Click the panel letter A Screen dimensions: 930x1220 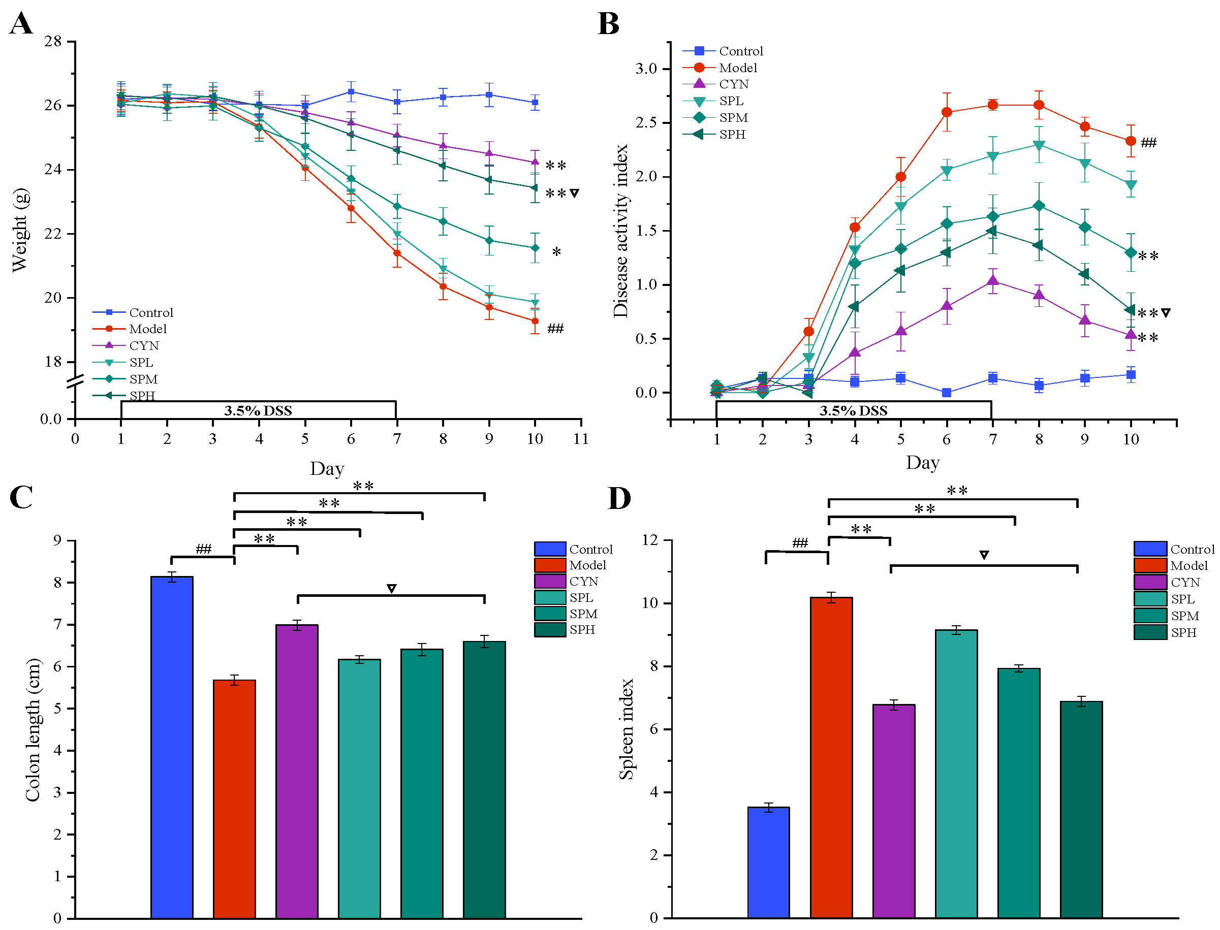(21, 24)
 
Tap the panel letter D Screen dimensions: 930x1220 (618, 498)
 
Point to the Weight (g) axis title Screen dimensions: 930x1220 (20, 230)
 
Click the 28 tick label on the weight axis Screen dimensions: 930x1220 (53, 42)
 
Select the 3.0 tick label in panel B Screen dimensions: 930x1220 (646, 69)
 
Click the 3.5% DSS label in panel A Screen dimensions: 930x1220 (258, 411)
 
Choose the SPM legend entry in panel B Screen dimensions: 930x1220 (733, 118)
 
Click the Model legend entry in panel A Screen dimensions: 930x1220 (147, 329)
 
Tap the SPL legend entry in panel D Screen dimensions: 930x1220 (1182, 599)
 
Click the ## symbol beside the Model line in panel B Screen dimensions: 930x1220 (1148, 143)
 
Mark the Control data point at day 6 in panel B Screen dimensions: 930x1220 (947, 393)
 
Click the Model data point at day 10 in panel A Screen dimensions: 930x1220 (535, 321)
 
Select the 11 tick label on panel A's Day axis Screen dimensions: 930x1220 (581, 439)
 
